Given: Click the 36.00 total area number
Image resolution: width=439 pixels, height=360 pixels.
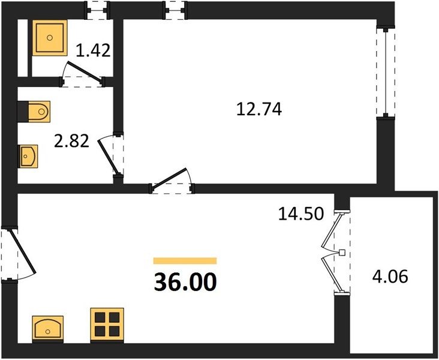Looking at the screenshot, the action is click(185, 282).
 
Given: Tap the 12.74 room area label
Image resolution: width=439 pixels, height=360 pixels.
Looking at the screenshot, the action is click(259, 109).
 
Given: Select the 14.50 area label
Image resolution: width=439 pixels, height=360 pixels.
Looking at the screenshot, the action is click(301, 214).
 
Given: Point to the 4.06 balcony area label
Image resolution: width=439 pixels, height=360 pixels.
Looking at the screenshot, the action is click(390, 277).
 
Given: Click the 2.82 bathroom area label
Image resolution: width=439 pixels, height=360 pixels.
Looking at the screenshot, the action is click(71, 141).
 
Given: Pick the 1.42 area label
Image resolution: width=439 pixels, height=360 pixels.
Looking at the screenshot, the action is click(93, 51).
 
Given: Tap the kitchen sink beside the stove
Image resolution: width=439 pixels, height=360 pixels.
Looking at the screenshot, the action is click(47, 329).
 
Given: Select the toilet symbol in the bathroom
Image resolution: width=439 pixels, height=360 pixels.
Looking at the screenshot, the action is click(34, 112).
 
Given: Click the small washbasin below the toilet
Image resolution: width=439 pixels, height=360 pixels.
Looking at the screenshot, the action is click(28, 157).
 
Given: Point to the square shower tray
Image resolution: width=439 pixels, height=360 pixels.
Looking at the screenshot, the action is click(50, 38).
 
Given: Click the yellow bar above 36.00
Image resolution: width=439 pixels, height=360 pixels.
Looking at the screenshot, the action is click(185, 261).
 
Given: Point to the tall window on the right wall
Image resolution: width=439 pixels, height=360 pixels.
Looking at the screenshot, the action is click(386, 72).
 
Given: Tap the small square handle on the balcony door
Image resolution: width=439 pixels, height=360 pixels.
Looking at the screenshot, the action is click(342, 253).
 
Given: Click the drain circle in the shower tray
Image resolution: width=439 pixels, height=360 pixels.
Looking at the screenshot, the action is click(50, 38).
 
